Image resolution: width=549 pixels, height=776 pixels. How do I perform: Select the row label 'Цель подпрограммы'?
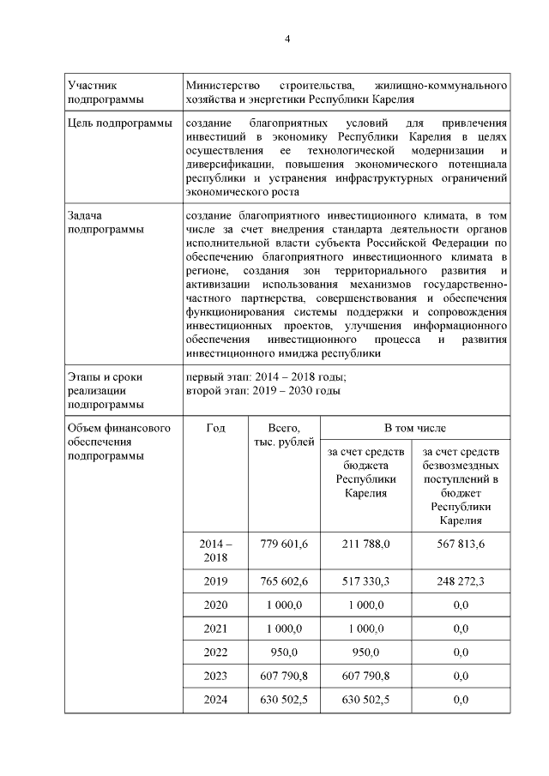click(x=119, y=125)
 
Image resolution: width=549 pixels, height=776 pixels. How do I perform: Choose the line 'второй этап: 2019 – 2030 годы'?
click(x=263, y=391)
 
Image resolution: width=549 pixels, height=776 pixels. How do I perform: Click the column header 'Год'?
click(x=215, y=428)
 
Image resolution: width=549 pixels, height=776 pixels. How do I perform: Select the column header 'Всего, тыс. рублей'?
click(x=283, y=434)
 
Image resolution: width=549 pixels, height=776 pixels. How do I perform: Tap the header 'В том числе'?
click(x=414, y=427)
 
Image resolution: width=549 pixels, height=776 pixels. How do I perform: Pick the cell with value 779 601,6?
click(x=283, y=544)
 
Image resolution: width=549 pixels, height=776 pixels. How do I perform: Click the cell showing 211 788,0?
click(x=366, y=544)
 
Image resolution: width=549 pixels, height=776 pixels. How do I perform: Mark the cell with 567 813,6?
click(x=460, y=544)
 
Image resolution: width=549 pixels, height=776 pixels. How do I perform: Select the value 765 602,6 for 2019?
click(x=283, y=581)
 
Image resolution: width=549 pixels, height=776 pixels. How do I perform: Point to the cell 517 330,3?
click(x=366, y=581)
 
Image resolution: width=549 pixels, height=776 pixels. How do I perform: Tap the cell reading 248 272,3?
click(x=460, y=581)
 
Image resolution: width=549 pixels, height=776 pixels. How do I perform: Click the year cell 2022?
click(x=215, y=652)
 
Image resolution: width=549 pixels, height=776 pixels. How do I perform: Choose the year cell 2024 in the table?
click(x=215, y=699)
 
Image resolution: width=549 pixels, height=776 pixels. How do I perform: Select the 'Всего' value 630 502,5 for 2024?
click(x=283, y=699)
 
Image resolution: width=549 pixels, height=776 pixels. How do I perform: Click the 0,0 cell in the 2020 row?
click(x=460, y=605)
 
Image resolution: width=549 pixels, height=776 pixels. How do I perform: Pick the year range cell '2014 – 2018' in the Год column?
click(x=215, y=550)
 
